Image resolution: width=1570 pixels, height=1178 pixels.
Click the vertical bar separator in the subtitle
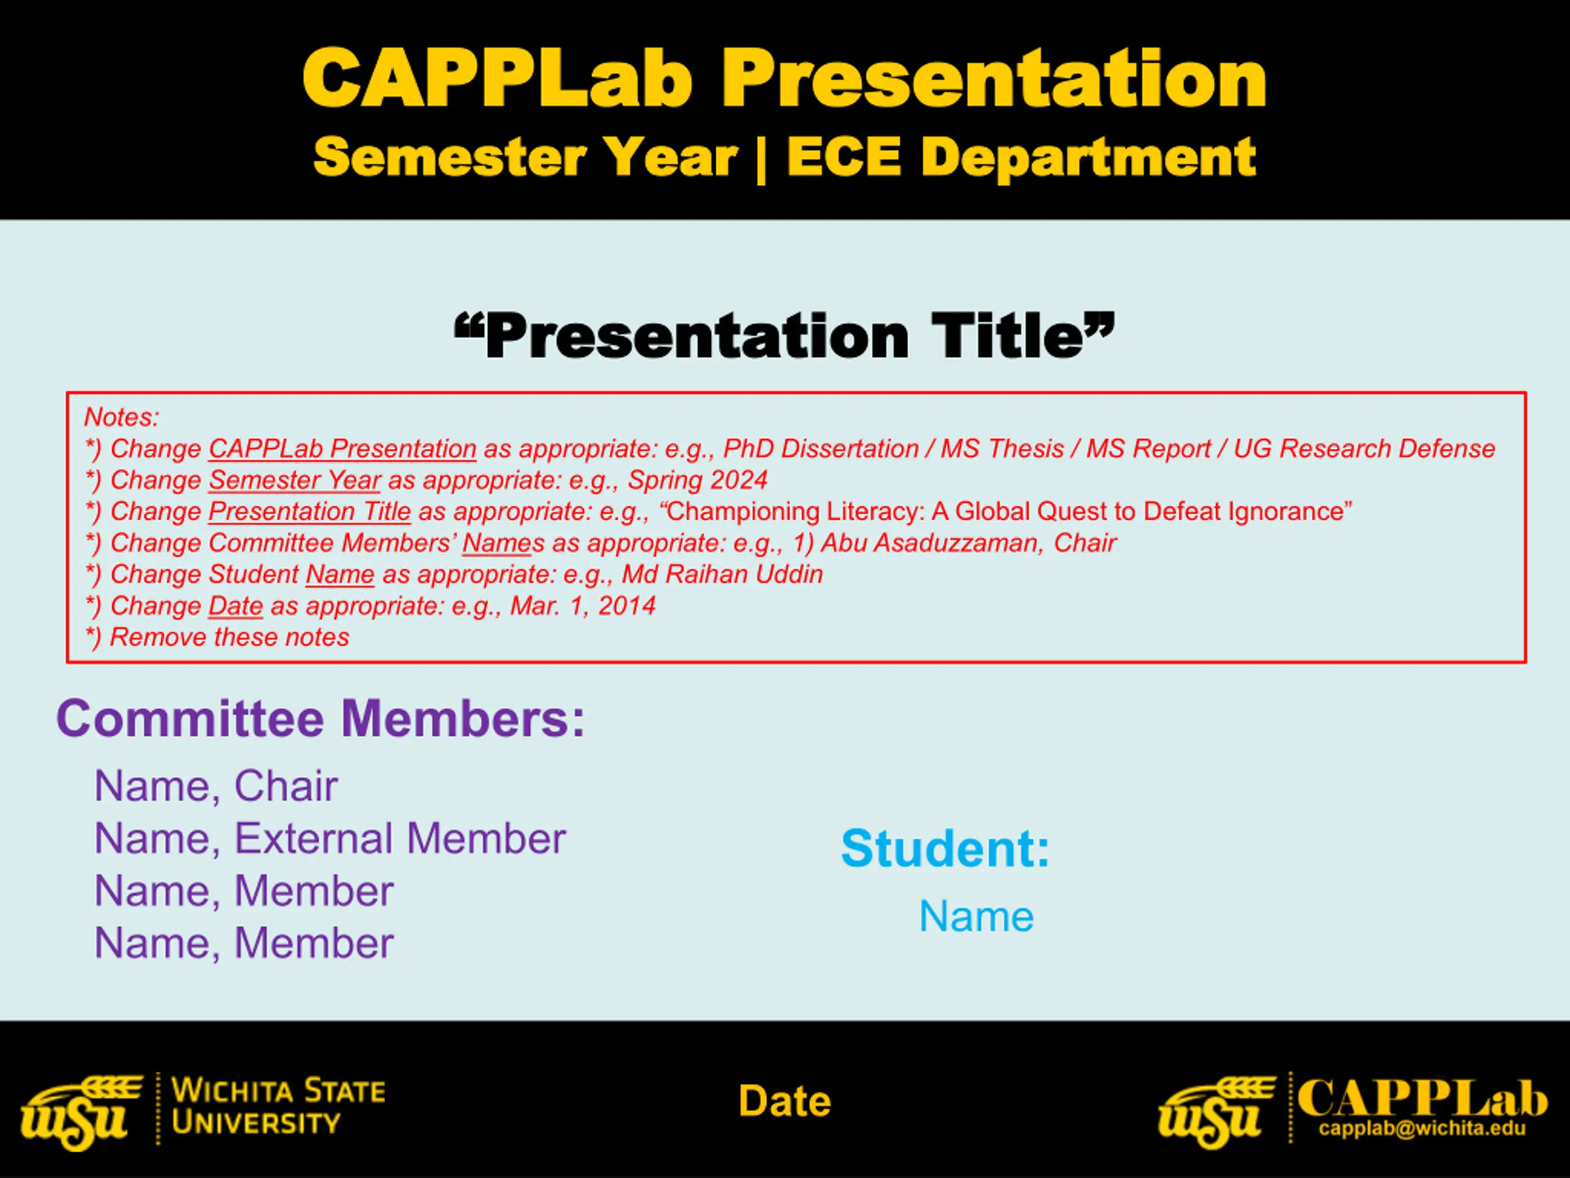tap(762, 159)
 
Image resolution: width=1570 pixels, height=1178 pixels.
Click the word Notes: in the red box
tap(121, 417)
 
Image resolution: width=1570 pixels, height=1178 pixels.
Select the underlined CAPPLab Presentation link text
tap(342, 448)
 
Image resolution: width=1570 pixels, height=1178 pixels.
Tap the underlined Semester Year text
tap(294, 480)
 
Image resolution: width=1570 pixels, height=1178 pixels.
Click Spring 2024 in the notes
tap(698, 480)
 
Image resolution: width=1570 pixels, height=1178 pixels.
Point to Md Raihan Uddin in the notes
tap(722, 574)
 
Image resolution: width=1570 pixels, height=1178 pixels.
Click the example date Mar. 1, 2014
tap(583, 606)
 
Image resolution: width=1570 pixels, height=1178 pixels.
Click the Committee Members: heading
tap(321, 718)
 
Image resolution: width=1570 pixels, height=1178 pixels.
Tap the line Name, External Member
tap(330, 839)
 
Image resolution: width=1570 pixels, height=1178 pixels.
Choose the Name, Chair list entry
tap(216, 786)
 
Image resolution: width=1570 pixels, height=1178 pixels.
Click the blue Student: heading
tap(944, 849)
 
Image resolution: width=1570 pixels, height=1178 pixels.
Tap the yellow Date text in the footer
tap(784, 1101)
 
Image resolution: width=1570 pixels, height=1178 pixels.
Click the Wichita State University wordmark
tap(278, 1106)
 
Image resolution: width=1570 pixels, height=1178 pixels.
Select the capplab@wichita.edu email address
tap(1422, 1129)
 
